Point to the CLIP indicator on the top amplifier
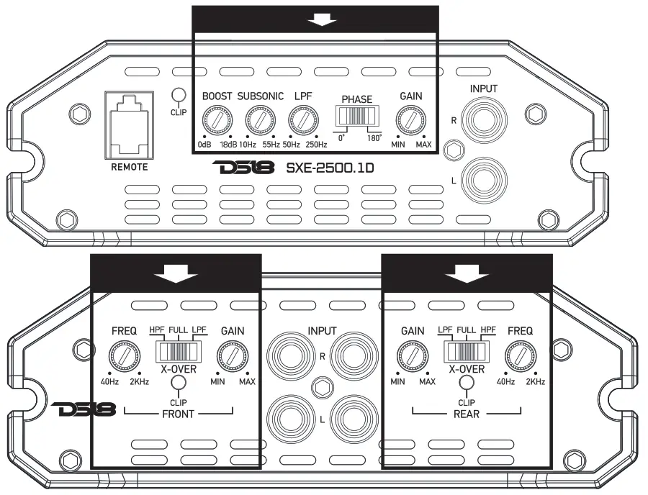(x=178, y=95)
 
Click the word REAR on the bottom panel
(x=467, y=414)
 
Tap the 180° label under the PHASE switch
(x=374, y=137)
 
